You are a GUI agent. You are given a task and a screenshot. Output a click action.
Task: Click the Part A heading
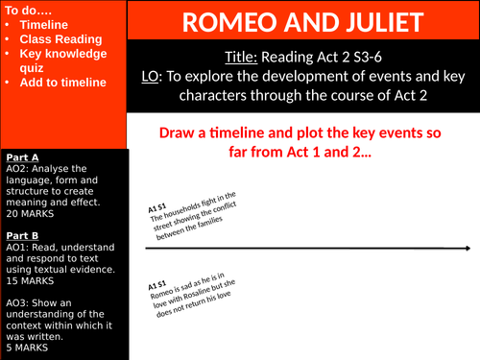[x=23, y=156]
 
